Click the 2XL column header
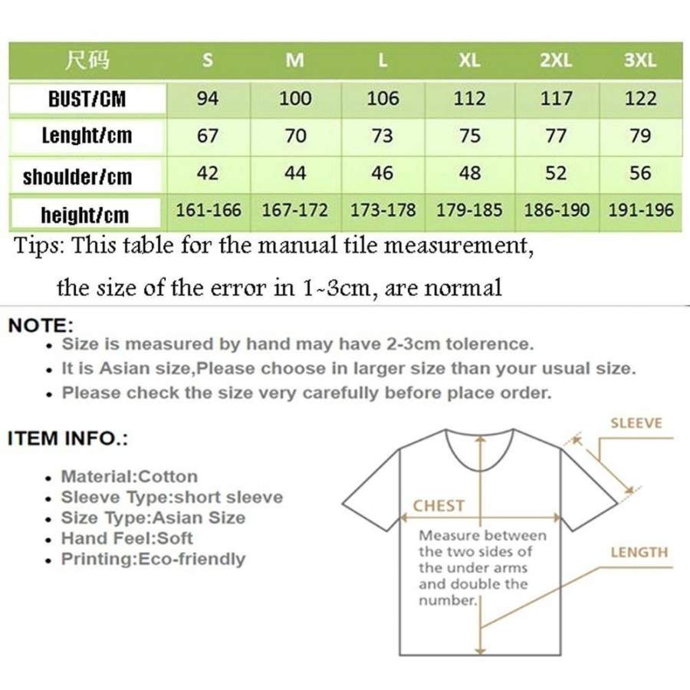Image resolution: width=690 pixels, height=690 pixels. [x=556, y=61]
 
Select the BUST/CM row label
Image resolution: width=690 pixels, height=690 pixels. [x=87, y=99]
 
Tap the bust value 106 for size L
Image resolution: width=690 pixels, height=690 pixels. [x=383, y=98]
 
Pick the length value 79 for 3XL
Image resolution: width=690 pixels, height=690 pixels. [x=640, y=136]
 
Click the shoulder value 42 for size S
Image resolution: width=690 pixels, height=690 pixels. [x=208, y=173]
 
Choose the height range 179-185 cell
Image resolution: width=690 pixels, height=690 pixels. [x=469, y=210]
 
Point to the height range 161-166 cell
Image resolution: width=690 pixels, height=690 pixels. [x=208, y=210]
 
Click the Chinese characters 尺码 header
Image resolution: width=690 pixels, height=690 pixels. [x=87, y=61]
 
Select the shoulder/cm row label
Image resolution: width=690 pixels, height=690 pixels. [x=77, y=177]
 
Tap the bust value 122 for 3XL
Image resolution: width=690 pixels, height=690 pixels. [x=640, y=98]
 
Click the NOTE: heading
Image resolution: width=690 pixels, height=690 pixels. [x=41, y=325]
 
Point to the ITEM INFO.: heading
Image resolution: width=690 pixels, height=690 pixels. [x=67, y=439]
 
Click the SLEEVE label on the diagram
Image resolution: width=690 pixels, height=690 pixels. [x=636, y=423]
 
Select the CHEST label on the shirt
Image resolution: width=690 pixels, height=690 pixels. [x=439, y=506]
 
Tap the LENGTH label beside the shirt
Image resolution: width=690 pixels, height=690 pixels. [x=639, y=552]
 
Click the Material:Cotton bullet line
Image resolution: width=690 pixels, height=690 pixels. [x=129, y=477]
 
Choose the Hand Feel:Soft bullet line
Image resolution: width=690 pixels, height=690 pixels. [x=127, y=538]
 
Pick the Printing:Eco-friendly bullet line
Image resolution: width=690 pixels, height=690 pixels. [x=153, y=559]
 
